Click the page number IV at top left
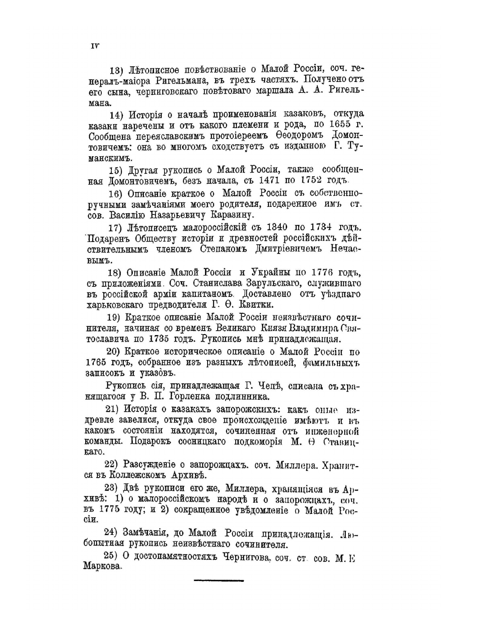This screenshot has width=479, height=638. pos(94,45)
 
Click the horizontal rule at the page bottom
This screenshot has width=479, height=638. pos(219,581)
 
